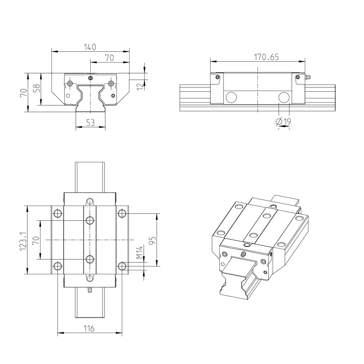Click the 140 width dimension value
point(90,47)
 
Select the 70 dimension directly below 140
point(109,58)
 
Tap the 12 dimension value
point(140,86)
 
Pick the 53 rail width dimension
point(90,123)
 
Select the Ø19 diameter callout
point(284,122)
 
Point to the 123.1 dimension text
point(22,241)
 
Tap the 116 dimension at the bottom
point(89,328)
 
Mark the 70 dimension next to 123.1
point(36,240)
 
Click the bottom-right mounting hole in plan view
point(122,266)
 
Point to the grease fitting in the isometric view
point(242,254)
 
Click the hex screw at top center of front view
point(90,78)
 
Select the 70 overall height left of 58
point(23,93)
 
